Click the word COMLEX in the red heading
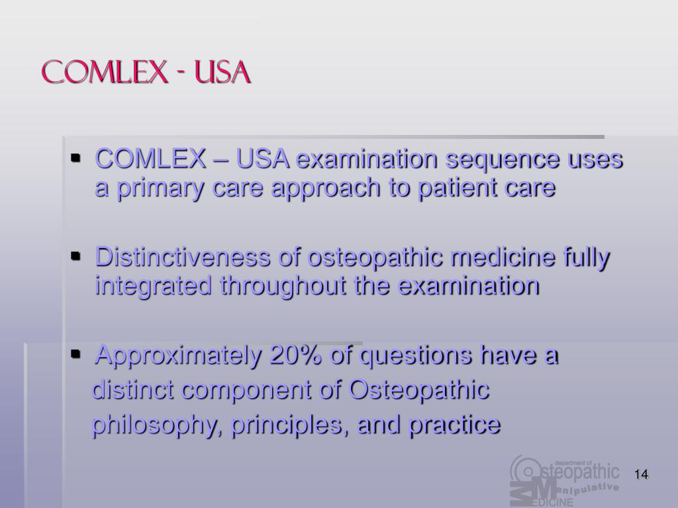click(x=103, y=72)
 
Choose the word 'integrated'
click(x=154, y=286)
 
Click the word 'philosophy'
click(x=155, y=425)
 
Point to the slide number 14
click(x=640, y=475)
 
